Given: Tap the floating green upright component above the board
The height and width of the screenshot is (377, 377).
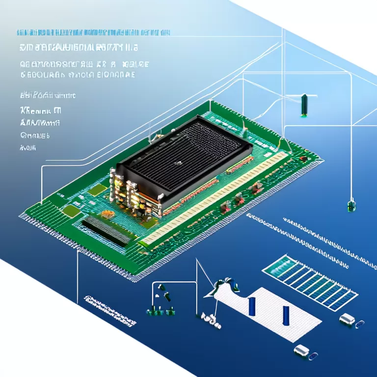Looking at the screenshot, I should click(x=304, y=105).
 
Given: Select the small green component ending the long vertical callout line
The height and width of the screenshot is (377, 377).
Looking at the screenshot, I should click(x=351, y=206).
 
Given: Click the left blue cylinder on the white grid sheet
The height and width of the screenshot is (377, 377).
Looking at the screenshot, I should click(x=252, y=306).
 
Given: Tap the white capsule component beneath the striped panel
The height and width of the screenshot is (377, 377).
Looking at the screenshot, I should click(x=347, y=320).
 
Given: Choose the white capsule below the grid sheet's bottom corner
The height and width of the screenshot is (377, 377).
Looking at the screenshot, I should click(x=301, y=350).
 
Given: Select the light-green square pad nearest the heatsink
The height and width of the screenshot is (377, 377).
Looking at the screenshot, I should click(x=99, y=190).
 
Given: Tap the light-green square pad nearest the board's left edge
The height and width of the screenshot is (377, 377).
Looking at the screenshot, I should click(x=72, y=211).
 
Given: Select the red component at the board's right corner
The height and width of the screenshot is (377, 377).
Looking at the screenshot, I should click(x=304, y=159).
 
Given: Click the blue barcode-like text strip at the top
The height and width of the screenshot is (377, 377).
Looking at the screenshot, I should click(x=93, y=33).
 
